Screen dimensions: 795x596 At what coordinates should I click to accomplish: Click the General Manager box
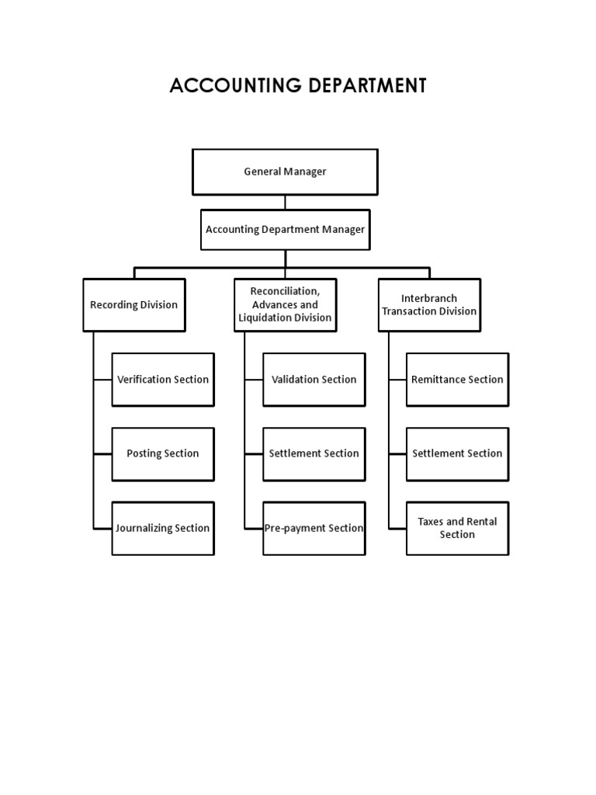point(285,172)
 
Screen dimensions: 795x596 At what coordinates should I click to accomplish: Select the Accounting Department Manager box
point(285,229)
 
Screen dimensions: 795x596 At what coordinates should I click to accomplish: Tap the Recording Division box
point(134,305)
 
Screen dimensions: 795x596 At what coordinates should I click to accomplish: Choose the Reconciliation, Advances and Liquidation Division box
point(285,304)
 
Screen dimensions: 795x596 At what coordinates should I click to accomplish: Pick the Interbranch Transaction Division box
point(429,304)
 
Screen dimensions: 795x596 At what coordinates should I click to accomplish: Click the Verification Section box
point(163,380)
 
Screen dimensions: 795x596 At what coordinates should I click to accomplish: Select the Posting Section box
point(163,453)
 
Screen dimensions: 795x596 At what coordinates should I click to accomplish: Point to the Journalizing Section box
point(163,528)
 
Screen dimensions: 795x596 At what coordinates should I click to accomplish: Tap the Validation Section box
point(314,380)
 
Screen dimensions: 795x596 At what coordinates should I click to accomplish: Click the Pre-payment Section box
point(314,528)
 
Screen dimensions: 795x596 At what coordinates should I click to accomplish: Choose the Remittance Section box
point(458,380)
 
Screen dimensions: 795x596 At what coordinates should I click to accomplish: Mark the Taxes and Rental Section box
point(458,528)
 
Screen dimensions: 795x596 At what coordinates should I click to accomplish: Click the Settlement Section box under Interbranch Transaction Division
point(458,453)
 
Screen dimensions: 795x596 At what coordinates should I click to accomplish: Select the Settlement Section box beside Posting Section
point(314,453)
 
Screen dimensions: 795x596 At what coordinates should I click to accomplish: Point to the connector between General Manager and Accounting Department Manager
point(285,202)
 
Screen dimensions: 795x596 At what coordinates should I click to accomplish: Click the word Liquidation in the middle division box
point(265,318)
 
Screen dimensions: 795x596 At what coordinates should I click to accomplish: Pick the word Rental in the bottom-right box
point(481,522)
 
